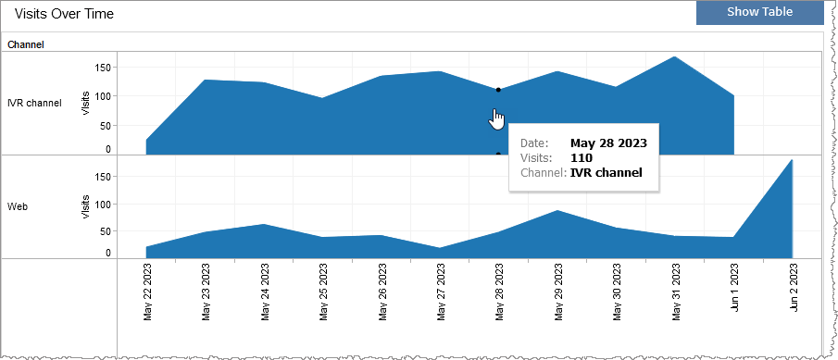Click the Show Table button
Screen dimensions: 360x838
758,12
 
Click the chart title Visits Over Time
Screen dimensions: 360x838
65,14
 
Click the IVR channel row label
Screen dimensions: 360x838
34,103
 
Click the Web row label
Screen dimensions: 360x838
18,206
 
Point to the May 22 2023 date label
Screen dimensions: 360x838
148,292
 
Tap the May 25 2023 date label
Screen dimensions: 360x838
324,292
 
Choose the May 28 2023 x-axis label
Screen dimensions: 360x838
500,292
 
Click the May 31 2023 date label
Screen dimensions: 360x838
676,292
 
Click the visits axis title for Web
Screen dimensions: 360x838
86,206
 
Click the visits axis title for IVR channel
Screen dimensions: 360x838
86,103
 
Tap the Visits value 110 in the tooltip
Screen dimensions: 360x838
582,158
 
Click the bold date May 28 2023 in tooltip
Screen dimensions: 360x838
608,143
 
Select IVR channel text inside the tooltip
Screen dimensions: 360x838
607,172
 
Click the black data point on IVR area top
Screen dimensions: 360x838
498,90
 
